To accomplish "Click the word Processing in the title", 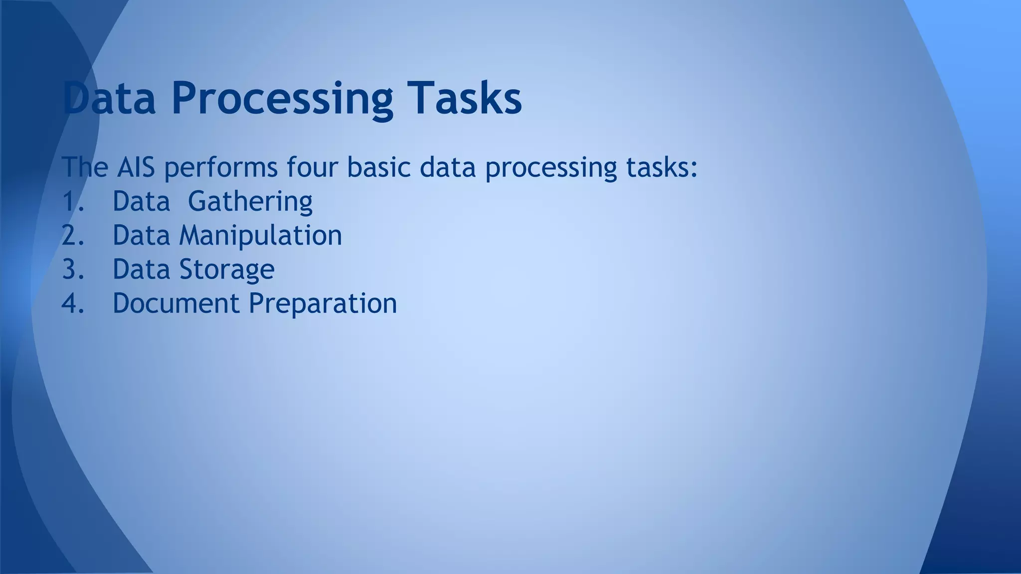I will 282,99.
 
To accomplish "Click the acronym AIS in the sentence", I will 136,167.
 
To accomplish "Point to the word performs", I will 220,168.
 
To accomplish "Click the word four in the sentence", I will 312,167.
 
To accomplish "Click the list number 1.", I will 73,201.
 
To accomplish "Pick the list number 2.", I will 73,235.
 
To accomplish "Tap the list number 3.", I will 73,269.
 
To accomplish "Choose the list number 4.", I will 73,303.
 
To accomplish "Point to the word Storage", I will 226,270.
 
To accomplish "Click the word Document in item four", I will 176,303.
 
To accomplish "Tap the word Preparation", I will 323,304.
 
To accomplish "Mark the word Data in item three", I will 141,269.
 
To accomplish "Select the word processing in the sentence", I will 551,168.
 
